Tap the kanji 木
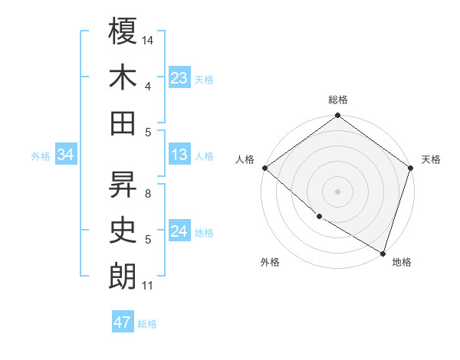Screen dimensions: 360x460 coord(123,77)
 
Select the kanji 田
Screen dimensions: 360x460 coord(123,123)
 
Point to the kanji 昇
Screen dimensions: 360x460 coord(123,184)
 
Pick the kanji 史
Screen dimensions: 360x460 coord(123,230)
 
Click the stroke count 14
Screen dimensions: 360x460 coord(149,41)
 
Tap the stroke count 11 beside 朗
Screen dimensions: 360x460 coord(148,286)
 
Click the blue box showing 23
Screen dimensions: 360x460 coord(179,78)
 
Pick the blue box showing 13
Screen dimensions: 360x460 coord(179,155)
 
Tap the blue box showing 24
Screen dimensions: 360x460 coord(179,232)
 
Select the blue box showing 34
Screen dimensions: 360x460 coord(66,155)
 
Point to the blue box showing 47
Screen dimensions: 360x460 coord(122,322)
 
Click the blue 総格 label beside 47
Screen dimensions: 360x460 coord(147,324)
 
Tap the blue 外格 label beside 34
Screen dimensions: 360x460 coord(41,156)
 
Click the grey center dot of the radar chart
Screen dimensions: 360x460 coord(337,191)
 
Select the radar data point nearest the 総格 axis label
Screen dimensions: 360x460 coord(337,116)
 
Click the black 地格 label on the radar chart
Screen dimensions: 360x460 coord(402,262)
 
